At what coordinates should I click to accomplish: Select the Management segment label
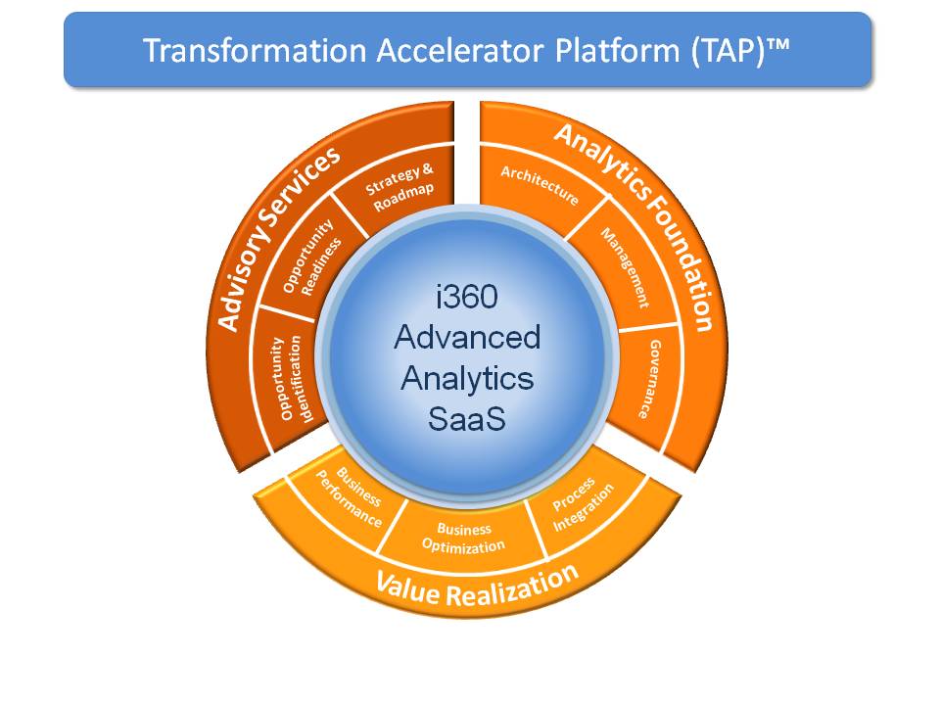pos(624,267)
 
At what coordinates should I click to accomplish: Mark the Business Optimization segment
pos(463,537)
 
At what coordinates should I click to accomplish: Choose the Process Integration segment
pos(583,505)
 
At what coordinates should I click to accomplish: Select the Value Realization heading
pos(477,587)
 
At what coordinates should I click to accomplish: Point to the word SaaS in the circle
pos(467,420)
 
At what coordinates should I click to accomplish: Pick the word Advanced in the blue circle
pos(467,337)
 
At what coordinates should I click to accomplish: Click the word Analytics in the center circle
pos(467,379)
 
